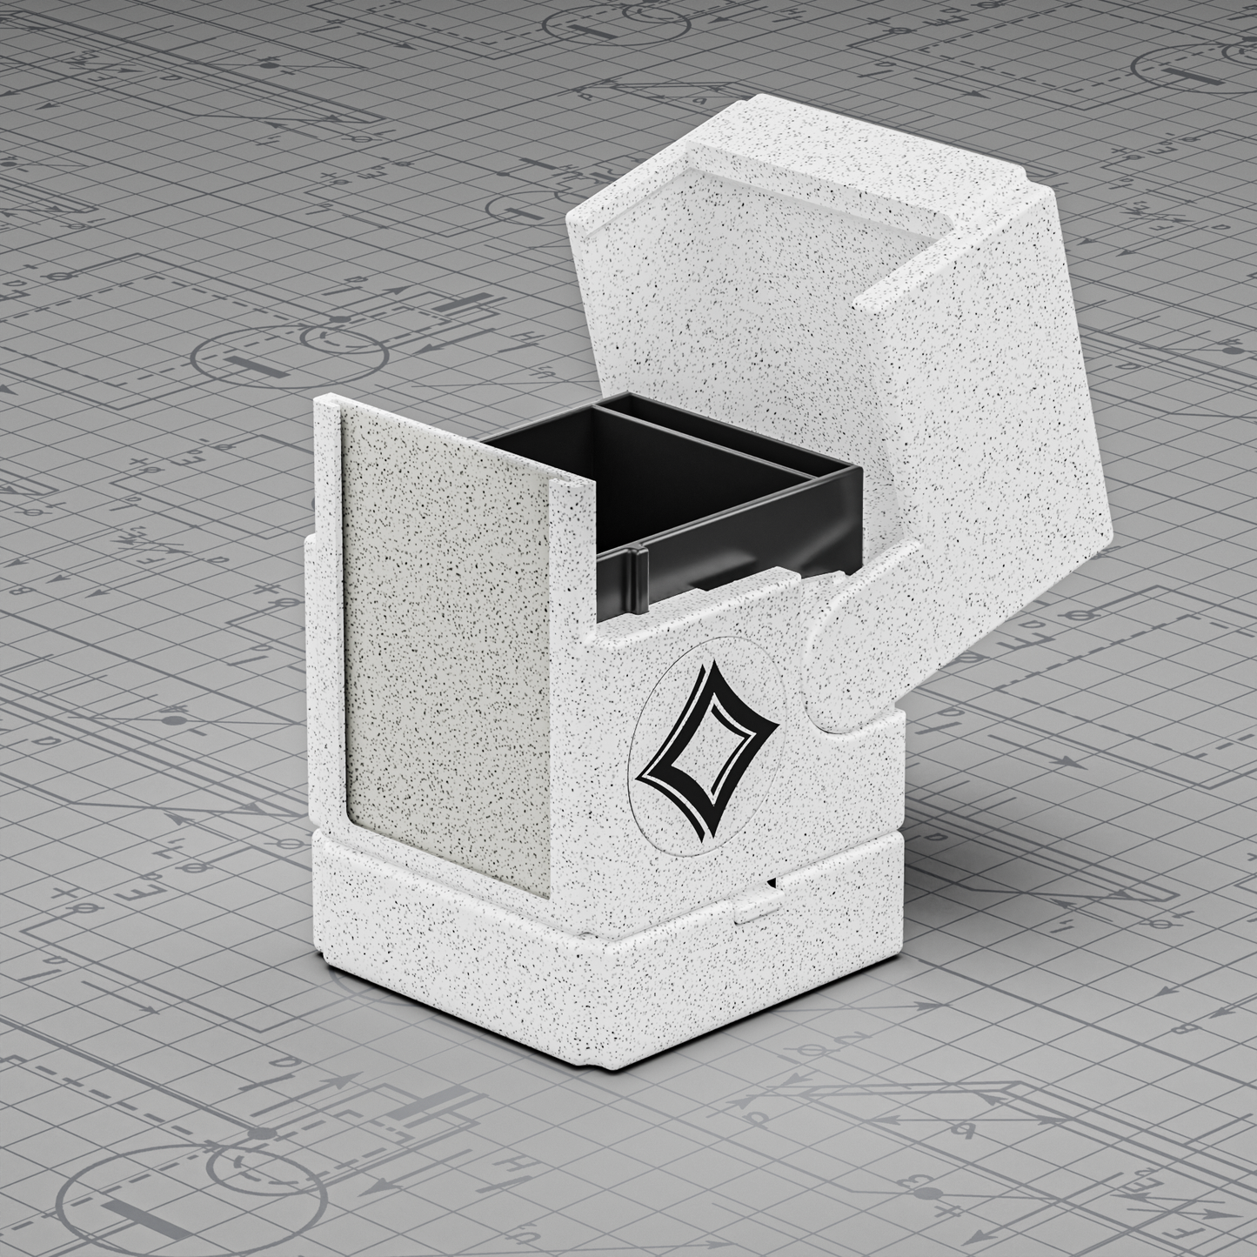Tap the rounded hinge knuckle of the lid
point(848,661)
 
